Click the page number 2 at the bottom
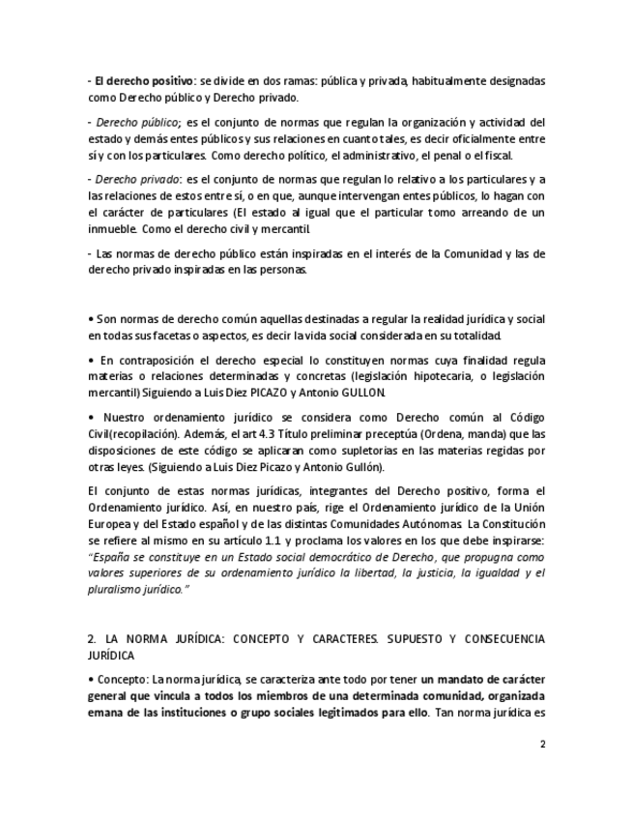pos(542,744)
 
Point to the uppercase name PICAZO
pos(286,393)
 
